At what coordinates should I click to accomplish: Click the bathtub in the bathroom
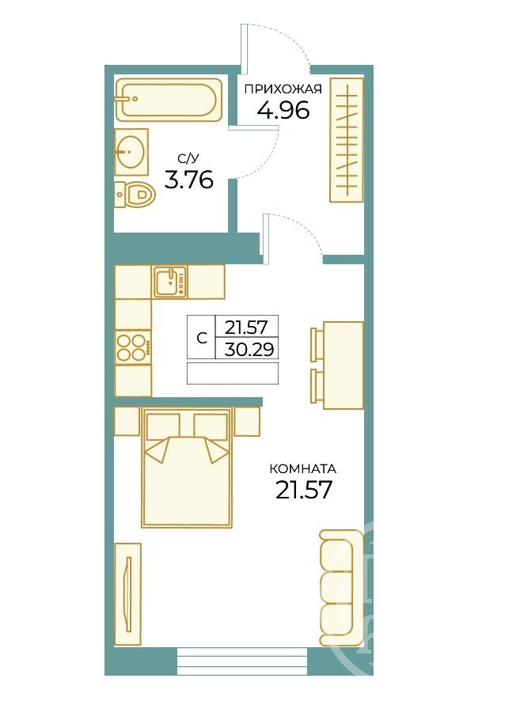(x=169, y=100)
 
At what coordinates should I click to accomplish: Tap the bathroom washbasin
(x=131, y=152)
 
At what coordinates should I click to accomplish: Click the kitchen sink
(x=169, y=282)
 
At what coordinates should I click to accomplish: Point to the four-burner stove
(x=133, y=347)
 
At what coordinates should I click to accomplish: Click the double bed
(x=188, y=467)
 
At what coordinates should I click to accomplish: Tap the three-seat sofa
(x=341, y=588)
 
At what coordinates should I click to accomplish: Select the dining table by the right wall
(x=343, y=366)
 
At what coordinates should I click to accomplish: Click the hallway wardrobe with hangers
(x=346, y=140)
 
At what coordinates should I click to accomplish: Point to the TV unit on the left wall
(x=128, y=593)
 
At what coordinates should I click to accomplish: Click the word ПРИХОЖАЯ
(x=283, y=89)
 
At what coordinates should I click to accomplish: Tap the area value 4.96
(x=283, y=110)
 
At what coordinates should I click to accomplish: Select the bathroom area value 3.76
(x=188, y=180)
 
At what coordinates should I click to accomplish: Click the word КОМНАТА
(x=303, y=469)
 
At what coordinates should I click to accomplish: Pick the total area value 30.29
(x=249, y=349)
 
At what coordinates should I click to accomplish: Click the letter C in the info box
(x=202, y=338)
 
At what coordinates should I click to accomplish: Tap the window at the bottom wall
(x=242, y=661)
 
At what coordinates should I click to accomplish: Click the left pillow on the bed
(x=163, y=425)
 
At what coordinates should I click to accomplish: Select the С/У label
(x=188, y=158)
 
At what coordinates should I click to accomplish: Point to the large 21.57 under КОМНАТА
(x=304, y=490)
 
